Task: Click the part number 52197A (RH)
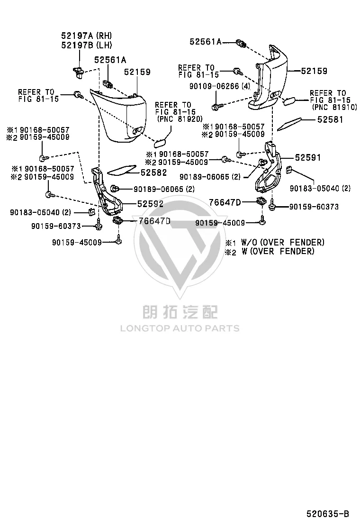[86, 36]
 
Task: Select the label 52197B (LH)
[86, 45]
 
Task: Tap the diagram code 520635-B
[327, 514]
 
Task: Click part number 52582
[153, 173]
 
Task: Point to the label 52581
[331, 119]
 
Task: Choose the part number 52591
[307, 157]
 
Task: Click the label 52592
[150, 204]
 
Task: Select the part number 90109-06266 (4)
[220, 86]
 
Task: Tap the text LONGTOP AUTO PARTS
[180, 328]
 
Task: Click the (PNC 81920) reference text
[180, 118]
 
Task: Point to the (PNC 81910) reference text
[334, 107]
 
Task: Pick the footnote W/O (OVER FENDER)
[283, 242]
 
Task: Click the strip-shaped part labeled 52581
[289, 124]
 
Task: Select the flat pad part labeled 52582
[122, 170]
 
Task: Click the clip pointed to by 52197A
[79, 72]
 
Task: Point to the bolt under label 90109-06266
[216, 107]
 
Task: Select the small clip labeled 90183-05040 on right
[288, 170]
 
